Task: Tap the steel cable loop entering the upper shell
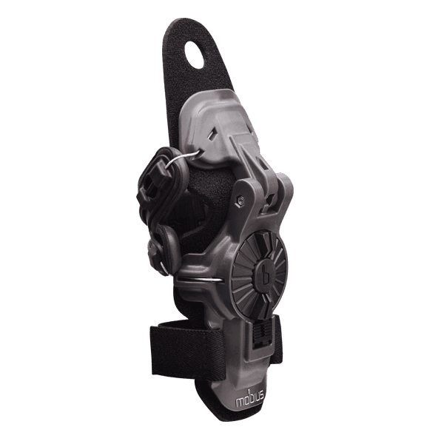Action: tap(185, 158)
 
